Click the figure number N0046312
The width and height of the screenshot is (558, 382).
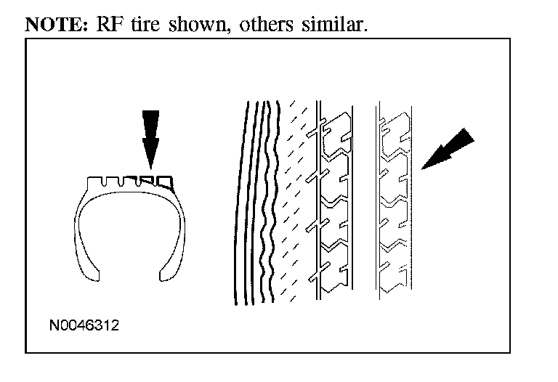pos(84,325)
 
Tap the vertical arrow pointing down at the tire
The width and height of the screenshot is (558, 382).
pos(150,138)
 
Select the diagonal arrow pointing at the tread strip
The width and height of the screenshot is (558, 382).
pos(445,150)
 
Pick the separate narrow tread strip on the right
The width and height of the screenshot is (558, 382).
pos(394,203)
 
